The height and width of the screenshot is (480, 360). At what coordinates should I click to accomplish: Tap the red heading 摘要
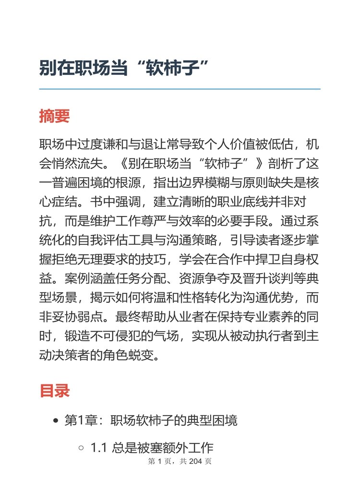pos(54,116)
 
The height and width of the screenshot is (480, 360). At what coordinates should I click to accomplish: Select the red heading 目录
pos(54,390)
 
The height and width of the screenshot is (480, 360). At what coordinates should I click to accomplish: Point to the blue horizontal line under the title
pos(180,89)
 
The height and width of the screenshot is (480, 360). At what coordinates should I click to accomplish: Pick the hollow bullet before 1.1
pos(81,448)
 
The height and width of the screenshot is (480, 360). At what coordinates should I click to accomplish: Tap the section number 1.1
pos(99,448)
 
